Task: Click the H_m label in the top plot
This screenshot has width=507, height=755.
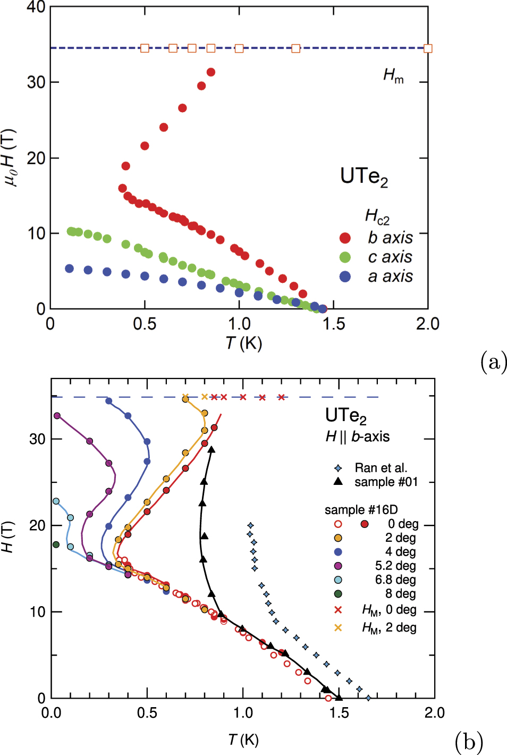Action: tap(393, 76)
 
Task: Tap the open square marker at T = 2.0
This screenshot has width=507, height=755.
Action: tap(428, 48)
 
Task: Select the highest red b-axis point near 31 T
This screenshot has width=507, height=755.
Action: tap(211, 72)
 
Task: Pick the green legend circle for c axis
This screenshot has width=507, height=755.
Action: tap(345, 257)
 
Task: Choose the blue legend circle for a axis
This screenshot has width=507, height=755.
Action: tap(345, 276)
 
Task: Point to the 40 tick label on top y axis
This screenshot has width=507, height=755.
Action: tap(36, 7)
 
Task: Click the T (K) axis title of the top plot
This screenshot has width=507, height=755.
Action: tap(244, 343)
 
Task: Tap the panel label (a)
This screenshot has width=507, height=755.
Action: tap(493, 362)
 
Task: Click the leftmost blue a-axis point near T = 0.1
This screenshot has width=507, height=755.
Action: tap(69, 269)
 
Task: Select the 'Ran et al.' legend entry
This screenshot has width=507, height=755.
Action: tap(381, 468)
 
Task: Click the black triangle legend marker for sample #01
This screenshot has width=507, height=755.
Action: tap(338, 482)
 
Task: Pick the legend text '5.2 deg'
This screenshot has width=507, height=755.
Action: tap(395, 566)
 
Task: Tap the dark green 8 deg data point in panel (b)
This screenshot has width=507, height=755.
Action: tap(56, 544)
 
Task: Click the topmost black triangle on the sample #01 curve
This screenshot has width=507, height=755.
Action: tap(212, 450)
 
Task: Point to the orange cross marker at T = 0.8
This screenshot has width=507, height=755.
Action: tap(205, 397)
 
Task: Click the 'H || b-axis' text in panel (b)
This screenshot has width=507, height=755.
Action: tap(358, 437)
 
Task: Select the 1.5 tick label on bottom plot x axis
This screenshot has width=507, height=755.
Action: tap(339, 713)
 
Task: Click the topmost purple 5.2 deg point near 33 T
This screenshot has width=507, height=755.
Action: tap(57, 416)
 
